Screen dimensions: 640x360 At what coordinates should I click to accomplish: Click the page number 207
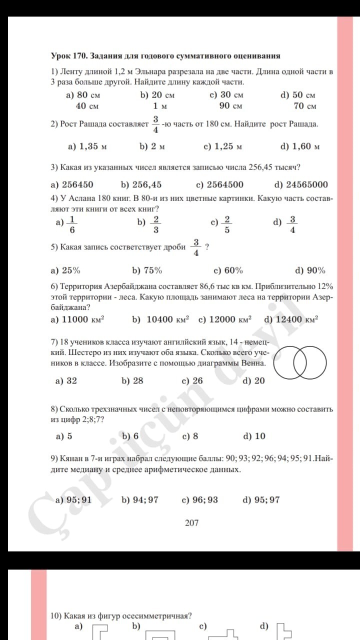(191, 523)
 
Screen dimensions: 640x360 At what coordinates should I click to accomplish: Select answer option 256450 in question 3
(77, 184)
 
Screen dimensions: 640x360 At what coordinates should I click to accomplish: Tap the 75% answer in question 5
(152, 270)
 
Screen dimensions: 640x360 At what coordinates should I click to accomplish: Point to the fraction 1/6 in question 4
(72, 224)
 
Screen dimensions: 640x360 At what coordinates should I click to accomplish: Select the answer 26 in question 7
(197, 380)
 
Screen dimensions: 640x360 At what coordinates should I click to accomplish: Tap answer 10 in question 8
(260, 436)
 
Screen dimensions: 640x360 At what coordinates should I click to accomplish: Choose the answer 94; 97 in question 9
(145, 499)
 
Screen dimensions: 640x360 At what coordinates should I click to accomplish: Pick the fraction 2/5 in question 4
(227, 224)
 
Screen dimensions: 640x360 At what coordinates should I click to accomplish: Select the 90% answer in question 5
(315, 270)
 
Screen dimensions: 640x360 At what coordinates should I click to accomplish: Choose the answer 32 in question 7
(71, 380)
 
